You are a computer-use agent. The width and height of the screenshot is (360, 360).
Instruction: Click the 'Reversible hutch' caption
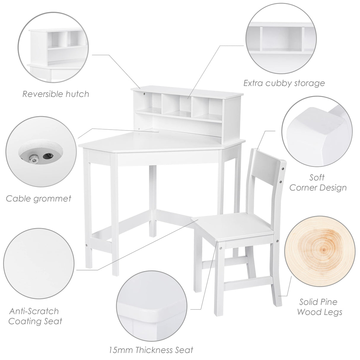[x=56, y=94]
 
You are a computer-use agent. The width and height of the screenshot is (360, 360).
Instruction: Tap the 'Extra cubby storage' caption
[x=284, y=83]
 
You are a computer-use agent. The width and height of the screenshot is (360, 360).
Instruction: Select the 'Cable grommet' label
[x=39, y=198]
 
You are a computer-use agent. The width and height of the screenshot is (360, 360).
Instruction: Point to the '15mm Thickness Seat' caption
[x=151, y=350]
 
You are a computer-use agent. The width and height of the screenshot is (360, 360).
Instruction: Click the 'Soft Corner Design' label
[x=318, y=183]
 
